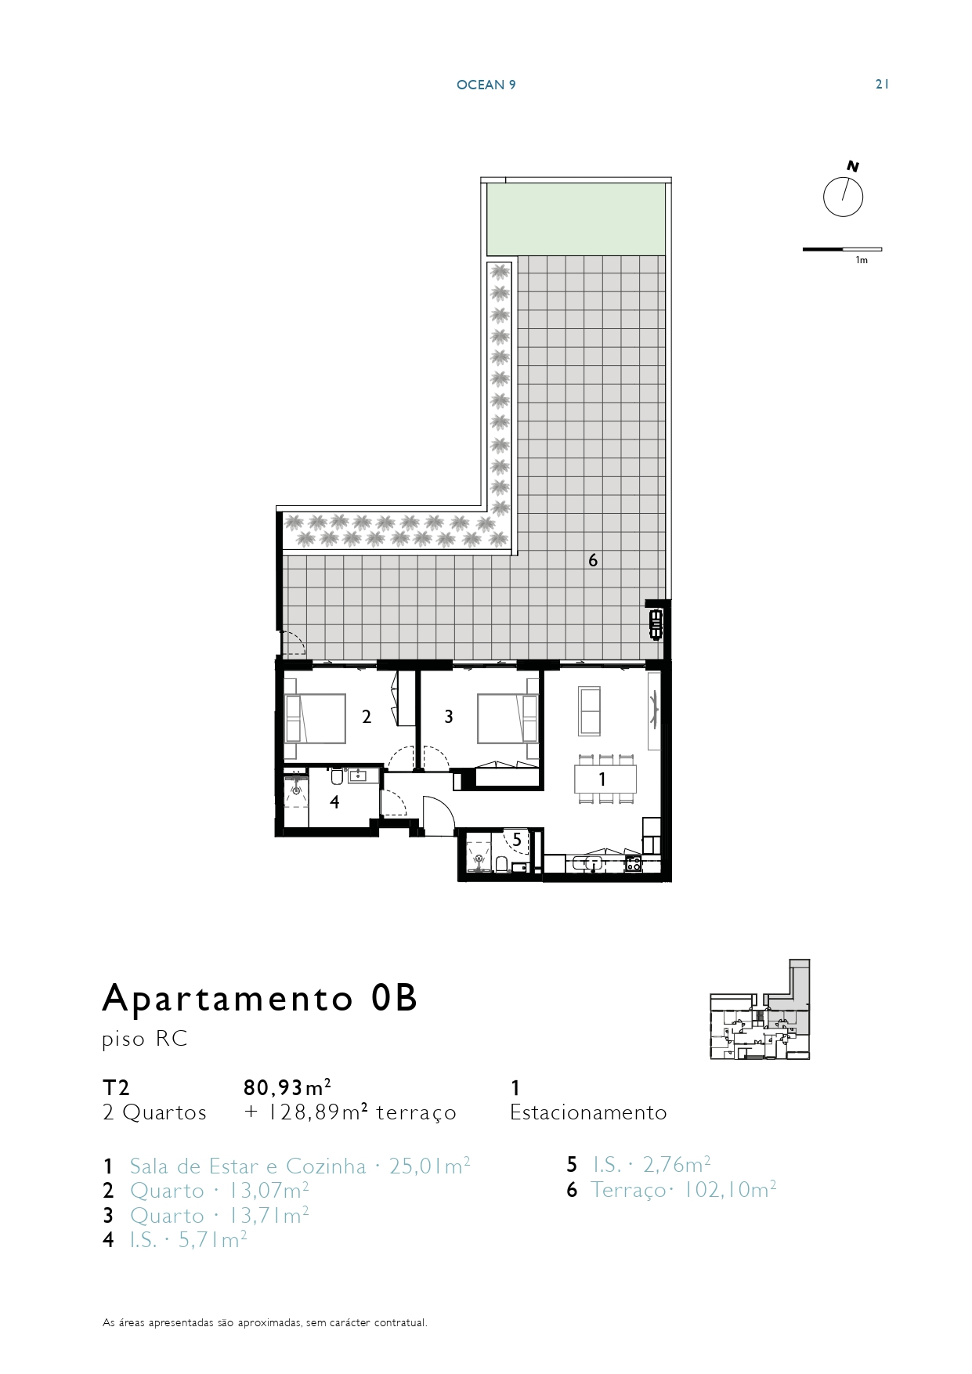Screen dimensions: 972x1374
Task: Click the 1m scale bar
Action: [x=842, y=249]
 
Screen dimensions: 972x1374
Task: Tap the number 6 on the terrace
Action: [x=593, y=560]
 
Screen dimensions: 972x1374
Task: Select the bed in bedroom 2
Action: [x=316, y=718]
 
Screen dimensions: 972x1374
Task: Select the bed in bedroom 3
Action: [x=508, y=718]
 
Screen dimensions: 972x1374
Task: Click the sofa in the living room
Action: [x=589, y=711]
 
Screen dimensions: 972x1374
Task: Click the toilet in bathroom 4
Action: [x=337, y=777]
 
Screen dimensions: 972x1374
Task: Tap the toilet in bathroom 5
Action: [x=501, y=864]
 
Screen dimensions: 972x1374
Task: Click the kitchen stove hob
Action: [x=633, y=863]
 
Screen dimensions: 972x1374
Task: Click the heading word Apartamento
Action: [x=228, y=998]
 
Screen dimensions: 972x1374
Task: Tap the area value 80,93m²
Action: [x=287, y=1087]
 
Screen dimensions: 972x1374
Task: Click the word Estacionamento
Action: [x=588, y=1112]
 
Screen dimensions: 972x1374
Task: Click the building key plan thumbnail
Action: [x=760, y=1010]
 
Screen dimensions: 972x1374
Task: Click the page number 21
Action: [x=882, y=85]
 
